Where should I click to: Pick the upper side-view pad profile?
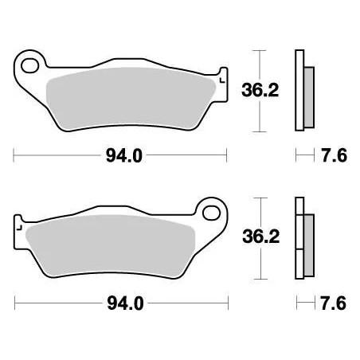(300, 89)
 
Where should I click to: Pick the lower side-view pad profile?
(300, 237)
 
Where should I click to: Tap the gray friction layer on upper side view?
(310, 90)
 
